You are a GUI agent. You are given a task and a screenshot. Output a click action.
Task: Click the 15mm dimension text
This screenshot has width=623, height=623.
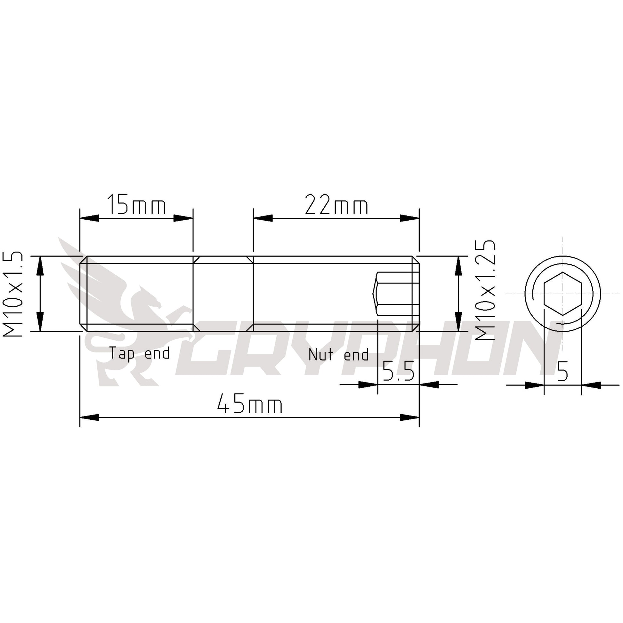[x=136, y=205]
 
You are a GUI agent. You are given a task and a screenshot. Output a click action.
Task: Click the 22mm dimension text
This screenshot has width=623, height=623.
[x=336, y=205]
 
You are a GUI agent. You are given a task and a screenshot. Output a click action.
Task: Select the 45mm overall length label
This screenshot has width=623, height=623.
[x=250, y=405]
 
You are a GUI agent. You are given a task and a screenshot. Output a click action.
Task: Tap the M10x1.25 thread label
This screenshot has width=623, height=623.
[x=485, y=290]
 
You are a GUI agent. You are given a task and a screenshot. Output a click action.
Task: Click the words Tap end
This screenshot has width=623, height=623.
[x=139, y=353]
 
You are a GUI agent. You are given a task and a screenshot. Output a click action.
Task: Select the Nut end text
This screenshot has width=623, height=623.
[x=338, y=354]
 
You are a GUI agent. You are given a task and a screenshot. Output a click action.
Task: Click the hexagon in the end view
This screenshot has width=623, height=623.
[x=563, y=294]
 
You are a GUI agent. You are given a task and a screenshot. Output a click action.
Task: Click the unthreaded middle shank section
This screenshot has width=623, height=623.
[x=223, y=294]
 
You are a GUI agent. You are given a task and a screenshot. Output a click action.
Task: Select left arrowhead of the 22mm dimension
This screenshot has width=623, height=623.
[x=263, y=218]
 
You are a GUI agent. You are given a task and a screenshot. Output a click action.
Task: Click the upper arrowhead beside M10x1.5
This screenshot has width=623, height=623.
[x=40, y=266]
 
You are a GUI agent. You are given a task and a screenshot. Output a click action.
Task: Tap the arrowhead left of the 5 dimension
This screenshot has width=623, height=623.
[x=534, y=385]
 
